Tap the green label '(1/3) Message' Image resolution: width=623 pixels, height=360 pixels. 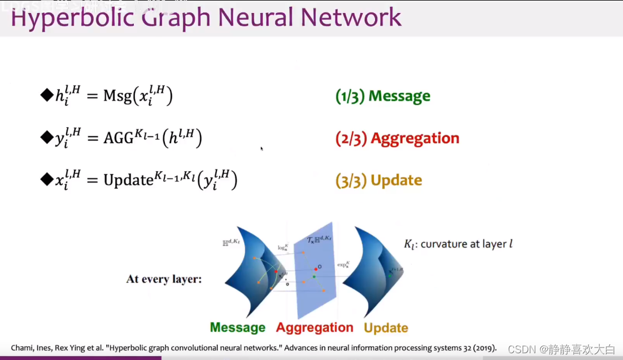click(382, 97)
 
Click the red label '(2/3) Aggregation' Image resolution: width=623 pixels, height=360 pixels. click(397, 138)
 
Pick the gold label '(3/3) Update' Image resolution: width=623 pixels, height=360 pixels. click(378, 180)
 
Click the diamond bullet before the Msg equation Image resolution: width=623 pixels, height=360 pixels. click(46, 94)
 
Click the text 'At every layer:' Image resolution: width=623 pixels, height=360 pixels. click(164, 279)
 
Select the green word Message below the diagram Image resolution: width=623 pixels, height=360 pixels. click(237, 328)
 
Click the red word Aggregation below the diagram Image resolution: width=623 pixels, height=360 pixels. click(315, 328)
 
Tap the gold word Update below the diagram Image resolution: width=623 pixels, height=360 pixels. click(386, 328)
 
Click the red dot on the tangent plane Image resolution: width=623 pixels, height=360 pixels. click(316, 269)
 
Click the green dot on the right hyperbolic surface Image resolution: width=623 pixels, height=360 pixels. click(390, 274)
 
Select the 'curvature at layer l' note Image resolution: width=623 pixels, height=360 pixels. click(458, 244)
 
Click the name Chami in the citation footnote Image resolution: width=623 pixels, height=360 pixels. click(22, 348)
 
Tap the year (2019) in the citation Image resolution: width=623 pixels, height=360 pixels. click(484, 348)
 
